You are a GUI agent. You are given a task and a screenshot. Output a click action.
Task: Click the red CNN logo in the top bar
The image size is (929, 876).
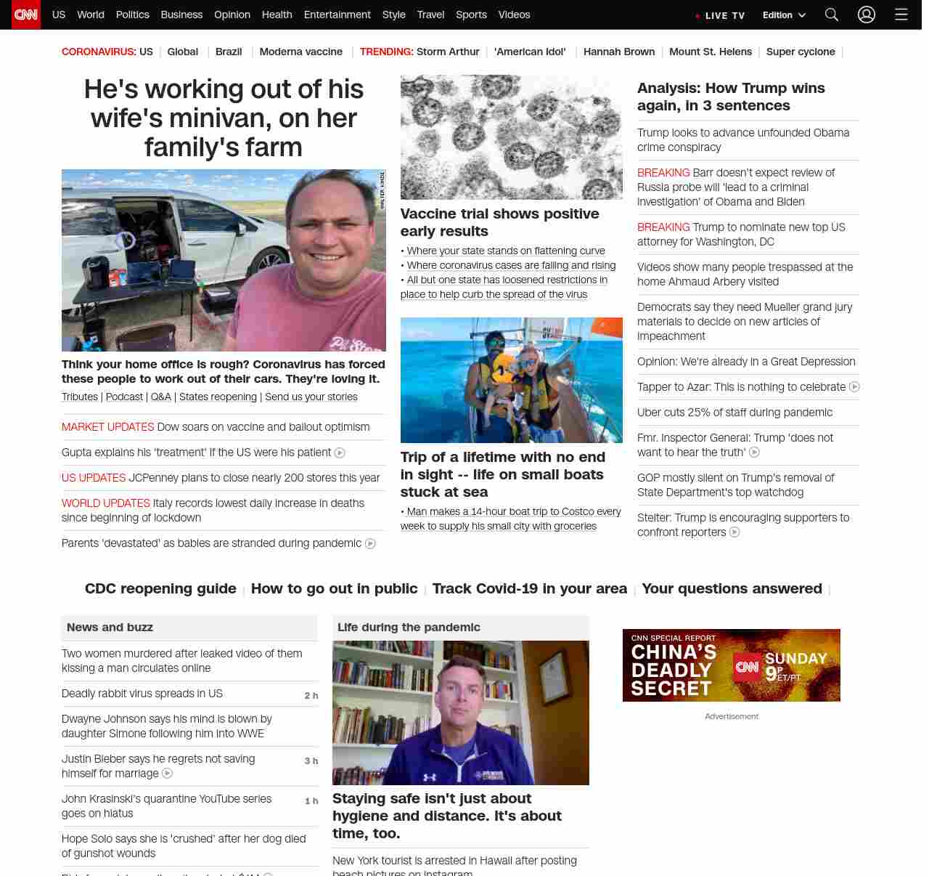pos(26,15)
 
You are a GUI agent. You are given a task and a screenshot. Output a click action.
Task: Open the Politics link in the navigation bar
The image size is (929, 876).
pos(132,15)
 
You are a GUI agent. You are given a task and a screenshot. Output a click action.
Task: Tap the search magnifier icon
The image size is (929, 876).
pos(832,15)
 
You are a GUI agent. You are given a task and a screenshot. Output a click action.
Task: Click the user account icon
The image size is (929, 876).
pos(867,15)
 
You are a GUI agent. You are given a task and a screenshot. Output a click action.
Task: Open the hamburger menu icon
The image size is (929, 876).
pos(901,15)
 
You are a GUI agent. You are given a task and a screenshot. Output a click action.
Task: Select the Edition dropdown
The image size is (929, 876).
pos(784,15)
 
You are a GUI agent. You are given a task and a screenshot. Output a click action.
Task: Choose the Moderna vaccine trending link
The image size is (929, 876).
pos(300,52)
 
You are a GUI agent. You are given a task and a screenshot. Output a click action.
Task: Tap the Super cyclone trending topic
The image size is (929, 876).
pos(801,52)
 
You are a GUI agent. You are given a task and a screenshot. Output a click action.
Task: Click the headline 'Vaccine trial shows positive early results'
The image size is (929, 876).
pos(499,222)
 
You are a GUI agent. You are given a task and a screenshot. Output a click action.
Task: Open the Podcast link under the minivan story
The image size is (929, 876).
pos(124,397)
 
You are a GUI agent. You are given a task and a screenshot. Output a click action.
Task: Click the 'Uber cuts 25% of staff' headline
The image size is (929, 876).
pos(734,413)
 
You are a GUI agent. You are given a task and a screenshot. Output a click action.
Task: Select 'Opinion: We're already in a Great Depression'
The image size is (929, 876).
pos(746,362)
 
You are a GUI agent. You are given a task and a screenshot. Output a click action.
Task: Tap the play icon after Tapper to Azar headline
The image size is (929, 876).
pos(854,387)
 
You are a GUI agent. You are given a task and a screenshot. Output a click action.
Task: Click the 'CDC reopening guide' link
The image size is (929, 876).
pos(160,588)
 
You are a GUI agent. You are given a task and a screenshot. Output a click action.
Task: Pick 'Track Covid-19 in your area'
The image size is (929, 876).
pos(529,588)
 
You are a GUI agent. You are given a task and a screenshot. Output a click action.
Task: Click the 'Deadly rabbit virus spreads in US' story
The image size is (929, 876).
pos(142,694)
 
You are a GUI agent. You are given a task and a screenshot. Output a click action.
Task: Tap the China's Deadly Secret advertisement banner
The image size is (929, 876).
pos(731,665)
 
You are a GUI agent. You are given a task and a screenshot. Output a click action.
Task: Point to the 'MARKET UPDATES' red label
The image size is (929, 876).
pos(107,427)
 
